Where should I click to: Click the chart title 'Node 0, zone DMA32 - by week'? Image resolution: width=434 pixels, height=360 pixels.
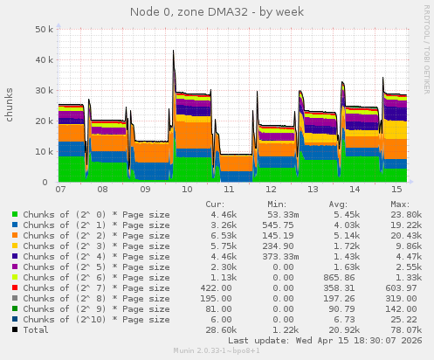tap(217, 11)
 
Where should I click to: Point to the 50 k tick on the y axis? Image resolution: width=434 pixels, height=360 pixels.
tap(41, 29)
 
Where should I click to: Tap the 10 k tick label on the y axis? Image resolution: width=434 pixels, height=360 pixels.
tap(41, 151)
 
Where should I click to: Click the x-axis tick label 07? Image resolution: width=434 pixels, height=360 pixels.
tap(59, 189)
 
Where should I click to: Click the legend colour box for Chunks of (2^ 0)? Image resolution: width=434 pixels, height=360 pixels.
tap(15, 213)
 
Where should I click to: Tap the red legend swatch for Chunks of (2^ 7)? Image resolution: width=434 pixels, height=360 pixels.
tap(15, 287)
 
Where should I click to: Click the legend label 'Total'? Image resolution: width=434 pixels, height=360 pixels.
tap(36, 330)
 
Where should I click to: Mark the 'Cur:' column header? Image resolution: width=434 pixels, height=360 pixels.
tap(215, 203)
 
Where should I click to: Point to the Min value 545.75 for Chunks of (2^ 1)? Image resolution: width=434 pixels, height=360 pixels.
tap(277, 225)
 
